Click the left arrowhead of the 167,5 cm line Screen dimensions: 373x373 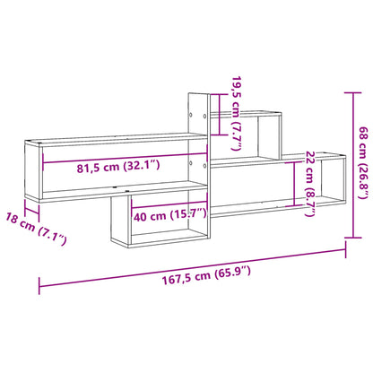pyautogui.click(x=40, y=288)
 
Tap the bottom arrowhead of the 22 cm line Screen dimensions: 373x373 pyautogui.click(x=297, y=204)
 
